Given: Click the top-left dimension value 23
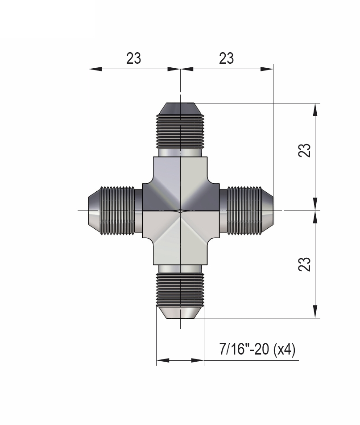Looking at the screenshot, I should [133, 58].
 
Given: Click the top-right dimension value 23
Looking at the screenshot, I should [226, 58].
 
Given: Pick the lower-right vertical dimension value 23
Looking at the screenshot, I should [305, 264].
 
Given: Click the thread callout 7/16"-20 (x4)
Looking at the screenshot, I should [257, 349].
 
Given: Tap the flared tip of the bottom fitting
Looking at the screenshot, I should [180, 312].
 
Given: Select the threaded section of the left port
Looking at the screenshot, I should [117, 210].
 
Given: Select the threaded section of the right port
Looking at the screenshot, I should [244, 210].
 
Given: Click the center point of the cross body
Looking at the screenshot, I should [180, 210].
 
